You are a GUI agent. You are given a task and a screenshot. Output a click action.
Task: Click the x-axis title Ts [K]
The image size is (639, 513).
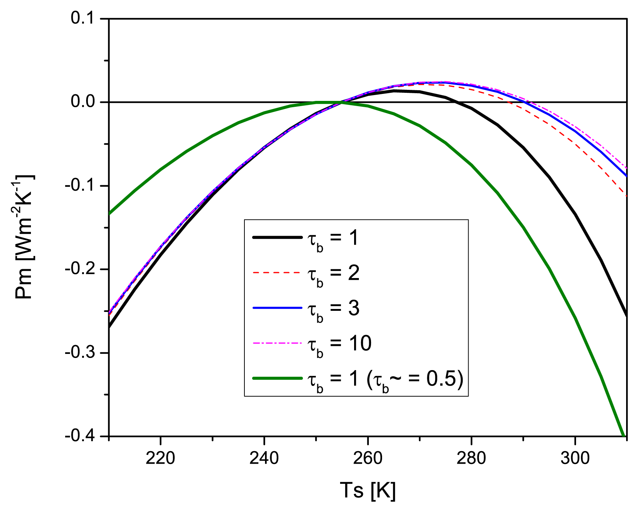point(367,491)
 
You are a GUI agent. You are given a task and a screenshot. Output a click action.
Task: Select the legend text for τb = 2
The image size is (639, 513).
point(333,274)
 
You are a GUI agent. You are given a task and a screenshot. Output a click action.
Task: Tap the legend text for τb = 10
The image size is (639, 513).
point(339,344)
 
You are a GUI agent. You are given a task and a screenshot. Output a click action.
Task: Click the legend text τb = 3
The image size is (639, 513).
point(333,309)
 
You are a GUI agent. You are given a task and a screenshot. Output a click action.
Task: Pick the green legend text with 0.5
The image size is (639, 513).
point(385,379)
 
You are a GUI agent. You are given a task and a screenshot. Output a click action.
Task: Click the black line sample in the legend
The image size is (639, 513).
point(277,238)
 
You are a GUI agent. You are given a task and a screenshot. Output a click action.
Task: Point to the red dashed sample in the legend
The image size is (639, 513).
point(277,273)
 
